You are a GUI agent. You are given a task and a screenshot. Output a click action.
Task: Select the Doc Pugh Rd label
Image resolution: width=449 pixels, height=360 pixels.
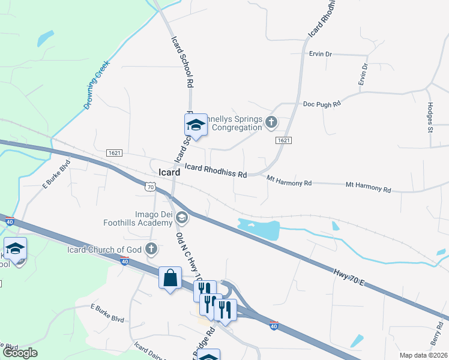pos(321,103)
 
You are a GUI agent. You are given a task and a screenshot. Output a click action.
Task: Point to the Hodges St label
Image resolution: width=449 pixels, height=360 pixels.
pos(430,116)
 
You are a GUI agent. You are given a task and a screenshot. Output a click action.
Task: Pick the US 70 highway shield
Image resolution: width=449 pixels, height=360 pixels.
pos(150,187)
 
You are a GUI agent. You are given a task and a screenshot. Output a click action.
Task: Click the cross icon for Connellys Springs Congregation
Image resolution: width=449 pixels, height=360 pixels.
pos(271,123)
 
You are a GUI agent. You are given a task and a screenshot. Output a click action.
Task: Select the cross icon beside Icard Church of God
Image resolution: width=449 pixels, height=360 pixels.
pos(152,248)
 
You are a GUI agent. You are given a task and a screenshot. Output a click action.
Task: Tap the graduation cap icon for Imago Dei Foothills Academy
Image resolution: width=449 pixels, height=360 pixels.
pos(182,217)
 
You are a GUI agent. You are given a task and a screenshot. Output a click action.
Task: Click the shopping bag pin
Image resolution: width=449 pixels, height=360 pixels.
pos(170,278)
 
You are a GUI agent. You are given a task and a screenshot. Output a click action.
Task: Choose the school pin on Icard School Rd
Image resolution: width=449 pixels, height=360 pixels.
pos(196,125)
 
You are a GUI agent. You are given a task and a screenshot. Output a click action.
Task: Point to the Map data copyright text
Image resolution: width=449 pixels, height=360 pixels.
pos(424,355)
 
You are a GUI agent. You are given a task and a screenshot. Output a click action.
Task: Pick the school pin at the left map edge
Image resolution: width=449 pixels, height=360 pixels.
pos(15,248)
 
